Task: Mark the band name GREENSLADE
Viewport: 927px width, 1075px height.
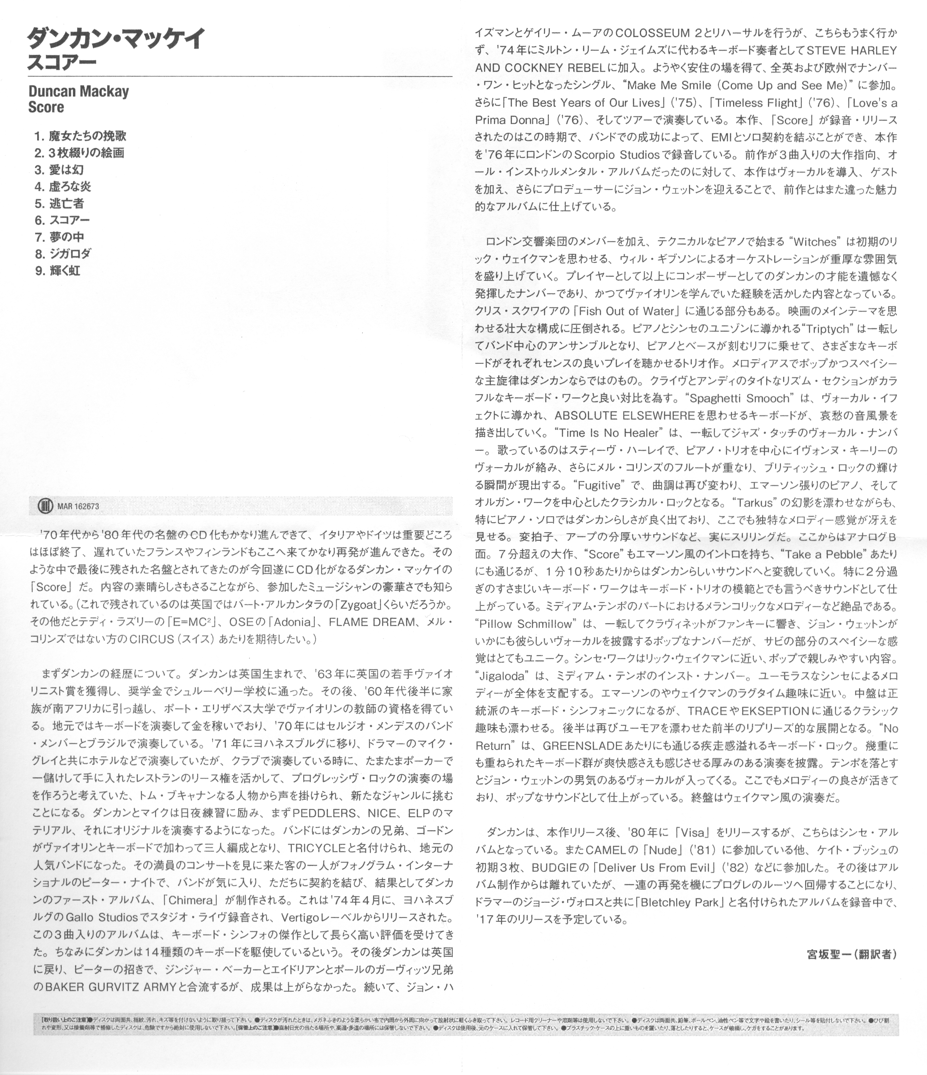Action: [582, 746]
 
